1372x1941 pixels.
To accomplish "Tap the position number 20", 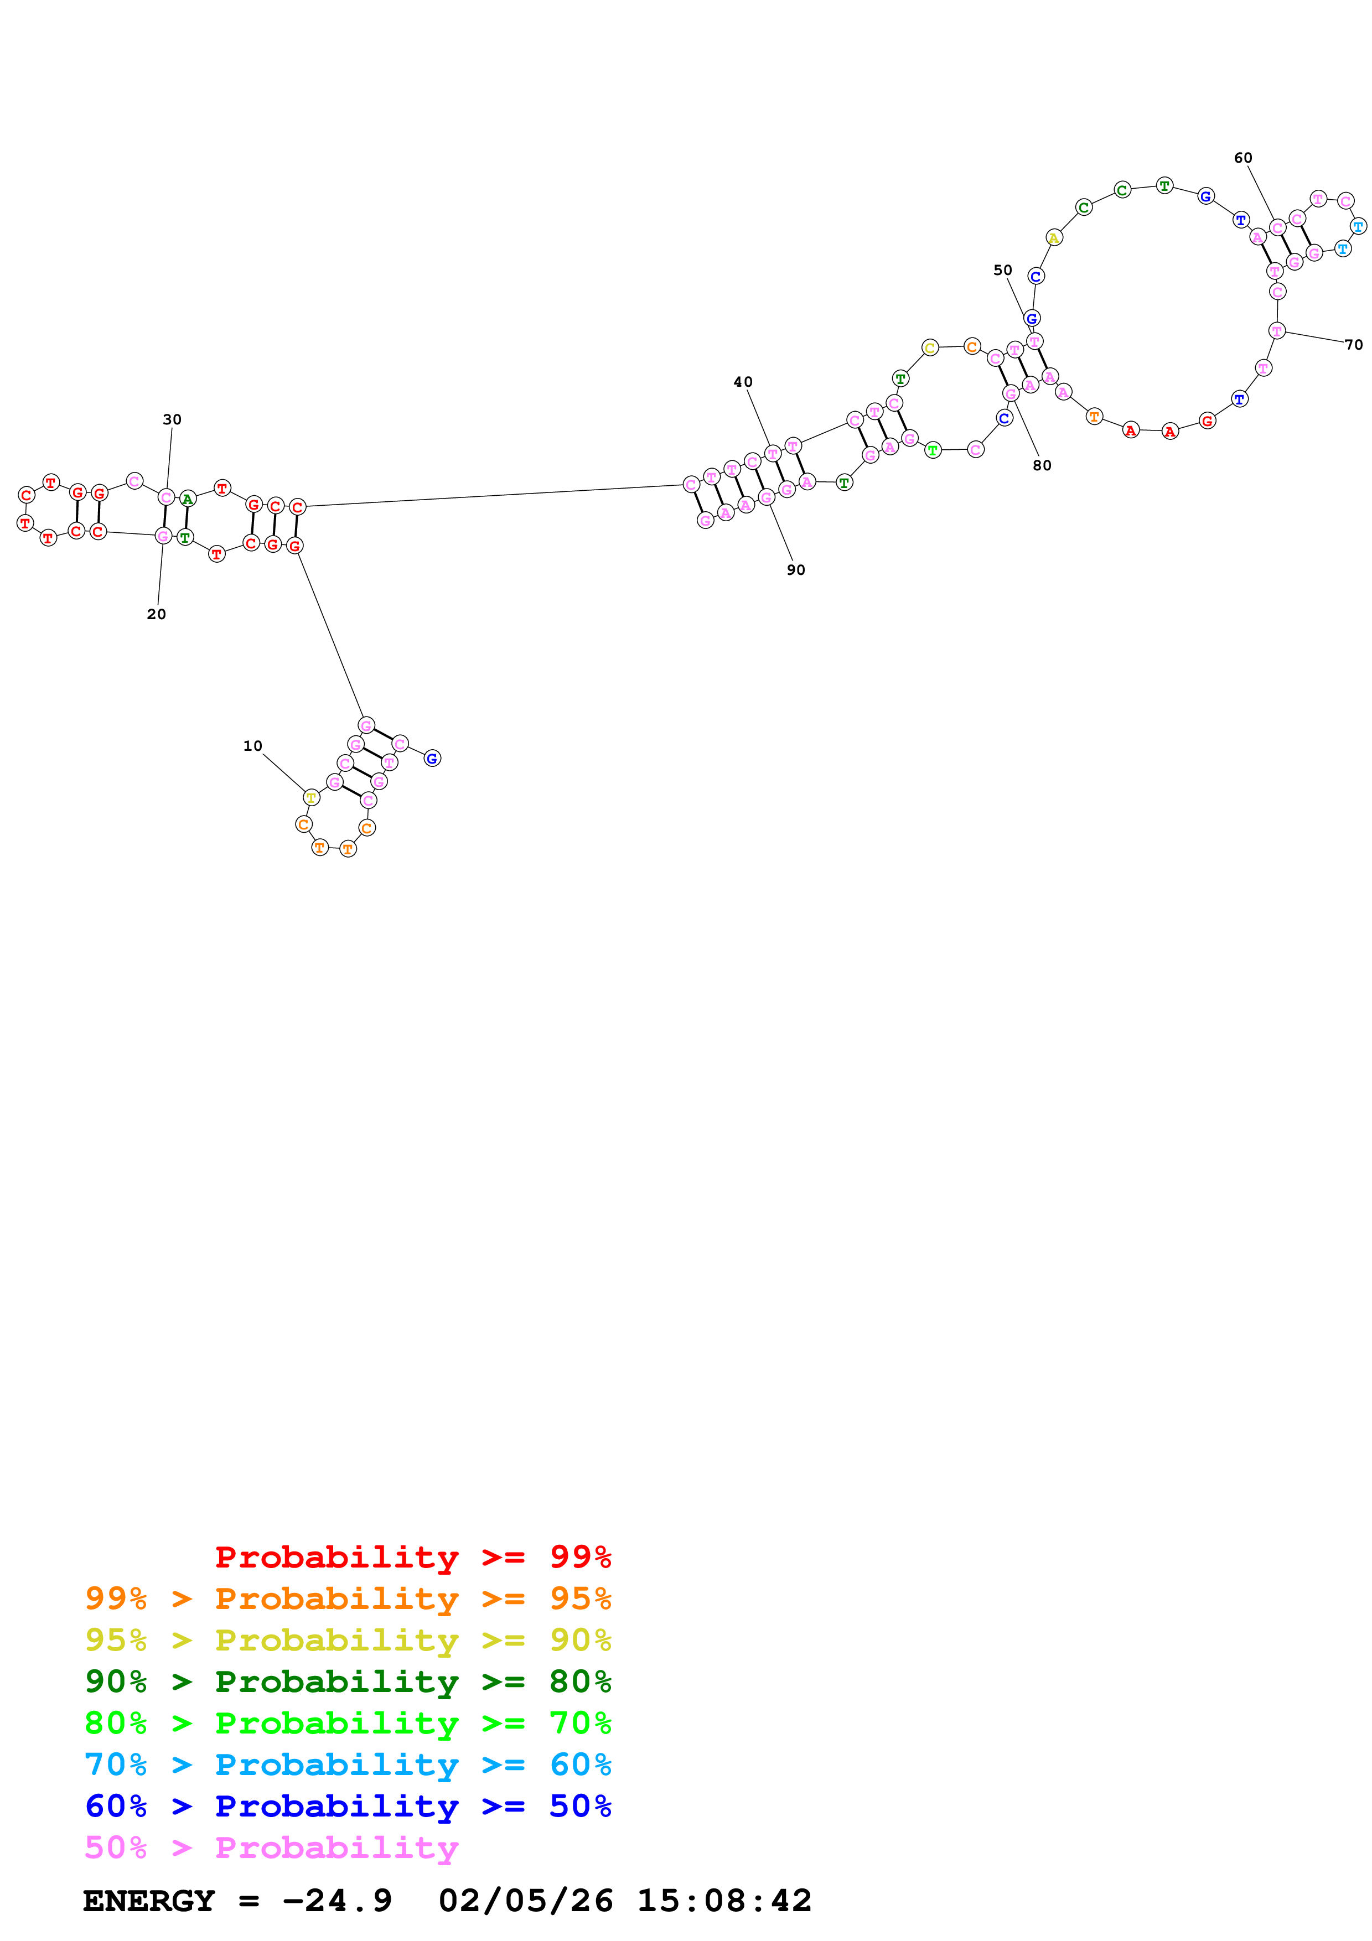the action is click(x=157, y=614).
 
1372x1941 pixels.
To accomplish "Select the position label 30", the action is click(x=172, y=419).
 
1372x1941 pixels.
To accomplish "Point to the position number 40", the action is click(x=743, y=382).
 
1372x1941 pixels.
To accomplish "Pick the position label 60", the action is click(x=1242, y=158).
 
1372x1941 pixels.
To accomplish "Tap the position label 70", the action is click(x=1353, y=345).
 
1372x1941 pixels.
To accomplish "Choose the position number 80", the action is click(x=1042, y=465).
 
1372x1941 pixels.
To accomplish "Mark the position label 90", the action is click(x=795, y=570).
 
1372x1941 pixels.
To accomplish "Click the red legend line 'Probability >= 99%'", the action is click(x=412, y=1556).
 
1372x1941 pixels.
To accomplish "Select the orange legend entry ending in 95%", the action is click(x=348, y=1598).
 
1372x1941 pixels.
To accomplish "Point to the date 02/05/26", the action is click(x=525, y=1901).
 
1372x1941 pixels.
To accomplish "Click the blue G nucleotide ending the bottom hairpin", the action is click(x=432, y=759).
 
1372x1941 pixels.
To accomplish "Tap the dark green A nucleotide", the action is click(x=188, y=498).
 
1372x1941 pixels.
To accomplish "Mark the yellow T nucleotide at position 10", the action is click(x=311, y=797).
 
